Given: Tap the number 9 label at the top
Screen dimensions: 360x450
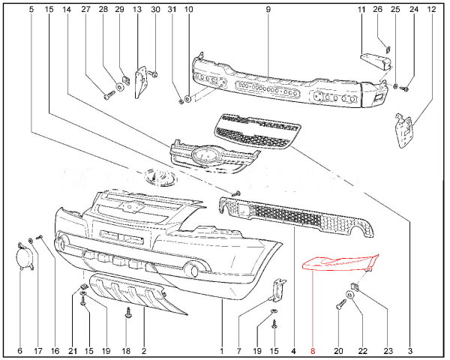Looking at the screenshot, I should click(268, 9).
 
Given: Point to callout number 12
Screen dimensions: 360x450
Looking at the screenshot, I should click(430, 9).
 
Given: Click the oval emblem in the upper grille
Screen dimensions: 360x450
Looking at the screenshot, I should click(202, 156).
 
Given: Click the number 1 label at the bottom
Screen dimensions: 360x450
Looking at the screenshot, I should click(222, 350).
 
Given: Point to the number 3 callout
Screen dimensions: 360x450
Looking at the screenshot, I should click(410, 350).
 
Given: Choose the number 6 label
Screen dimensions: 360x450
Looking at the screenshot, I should click(19, 350).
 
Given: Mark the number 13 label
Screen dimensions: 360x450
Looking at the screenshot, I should click(136, 9).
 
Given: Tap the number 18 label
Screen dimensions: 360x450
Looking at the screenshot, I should click(126, 350).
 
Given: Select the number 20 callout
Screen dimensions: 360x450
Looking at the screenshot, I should click(337, 350).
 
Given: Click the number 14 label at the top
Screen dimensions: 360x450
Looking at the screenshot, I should click(67, 9).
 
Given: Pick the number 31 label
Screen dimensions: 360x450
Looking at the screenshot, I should click(171, 9).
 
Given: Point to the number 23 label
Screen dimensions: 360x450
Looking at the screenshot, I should click(388, 350).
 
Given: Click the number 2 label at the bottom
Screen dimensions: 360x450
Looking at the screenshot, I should click(142, 350).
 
